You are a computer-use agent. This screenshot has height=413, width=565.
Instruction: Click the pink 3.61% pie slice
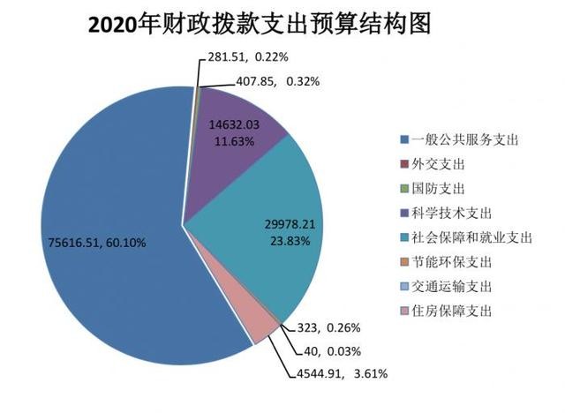click(x=263, y=329)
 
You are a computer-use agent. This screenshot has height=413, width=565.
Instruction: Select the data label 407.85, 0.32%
click(x=278, y=81)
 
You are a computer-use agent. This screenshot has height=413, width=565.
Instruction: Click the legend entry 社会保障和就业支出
click(x=464, y=237)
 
